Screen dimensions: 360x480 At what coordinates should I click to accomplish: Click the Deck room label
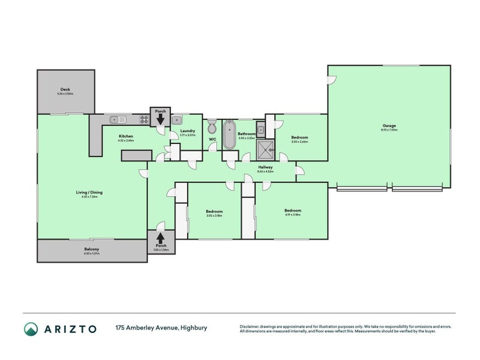click(x=65, y=89)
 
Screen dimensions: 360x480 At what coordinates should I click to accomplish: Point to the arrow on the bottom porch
click(x=160, y=236)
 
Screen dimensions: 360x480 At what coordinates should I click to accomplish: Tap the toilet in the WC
click(x=212, y=128)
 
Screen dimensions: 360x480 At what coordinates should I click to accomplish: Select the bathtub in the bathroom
click(x=229, y=135)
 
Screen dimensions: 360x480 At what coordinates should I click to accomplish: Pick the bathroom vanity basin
click(x=261, y=129)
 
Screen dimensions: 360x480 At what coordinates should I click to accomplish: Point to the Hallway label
click(x=265, y=167)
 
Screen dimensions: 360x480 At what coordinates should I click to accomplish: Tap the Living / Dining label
click(x=89, y=192)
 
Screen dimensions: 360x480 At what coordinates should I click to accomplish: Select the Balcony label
click(x=91, y=248)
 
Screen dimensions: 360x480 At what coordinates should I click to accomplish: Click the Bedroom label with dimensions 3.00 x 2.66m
click(x=299, y=137)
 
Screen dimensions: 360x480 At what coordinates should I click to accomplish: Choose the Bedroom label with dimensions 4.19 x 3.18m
click(x=292, y=211)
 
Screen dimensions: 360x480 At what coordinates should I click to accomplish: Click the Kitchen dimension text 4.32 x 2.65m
click(x=126, y=140)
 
